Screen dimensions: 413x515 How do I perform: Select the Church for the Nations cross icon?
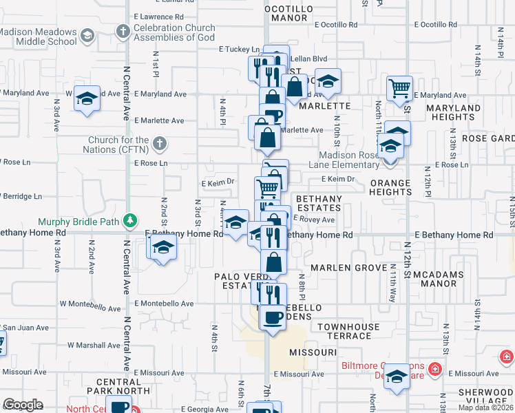(x=159, y=144)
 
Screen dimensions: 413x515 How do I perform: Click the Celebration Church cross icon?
(x=123, y=31)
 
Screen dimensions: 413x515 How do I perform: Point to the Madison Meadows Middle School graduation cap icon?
(x=87, y=35)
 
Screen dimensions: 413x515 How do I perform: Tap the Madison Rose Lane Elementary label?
(x=349, y=160)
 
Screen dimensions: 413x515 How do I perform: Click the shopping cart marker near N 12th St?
(x=399, y=87)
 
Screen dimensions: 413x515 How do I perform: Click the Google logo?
(x=23, y=405)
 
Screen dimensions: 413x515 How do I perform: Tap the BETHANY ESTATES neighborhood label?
(x=318, y=202)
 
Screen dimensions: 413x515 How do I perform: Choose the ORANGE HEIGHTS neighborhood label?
(x=390, y=189)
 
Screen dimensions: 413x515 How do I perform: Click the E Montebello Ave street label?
(x=164, y=304)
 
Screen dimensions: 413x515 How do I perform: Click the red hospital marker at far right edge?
(x=506, y=357)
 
